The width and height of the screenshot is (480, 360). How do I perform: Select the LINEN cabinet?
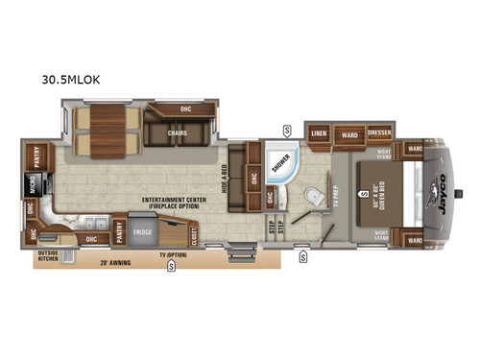320,135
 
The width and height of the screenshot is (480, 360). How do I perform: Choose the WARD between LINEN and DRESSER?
350,135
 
